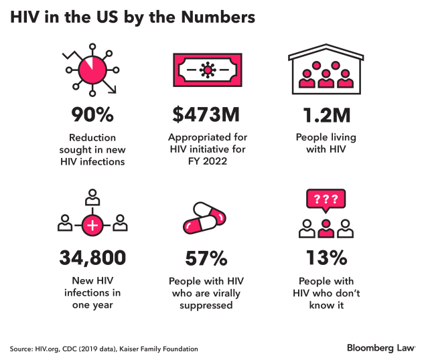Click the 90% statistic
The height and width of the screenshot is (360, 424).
click(x=93, y=116)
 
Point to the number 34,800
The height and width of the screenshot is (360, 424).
click(x=93, y=258)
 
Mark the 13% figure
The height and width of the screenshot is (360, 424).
click(x=325, y=258)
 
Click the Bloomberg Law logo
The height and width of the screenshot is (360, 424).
click(x=380, y=348)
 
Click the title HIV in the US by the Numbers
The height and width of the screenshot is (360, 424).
click(x=133, y=18)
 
